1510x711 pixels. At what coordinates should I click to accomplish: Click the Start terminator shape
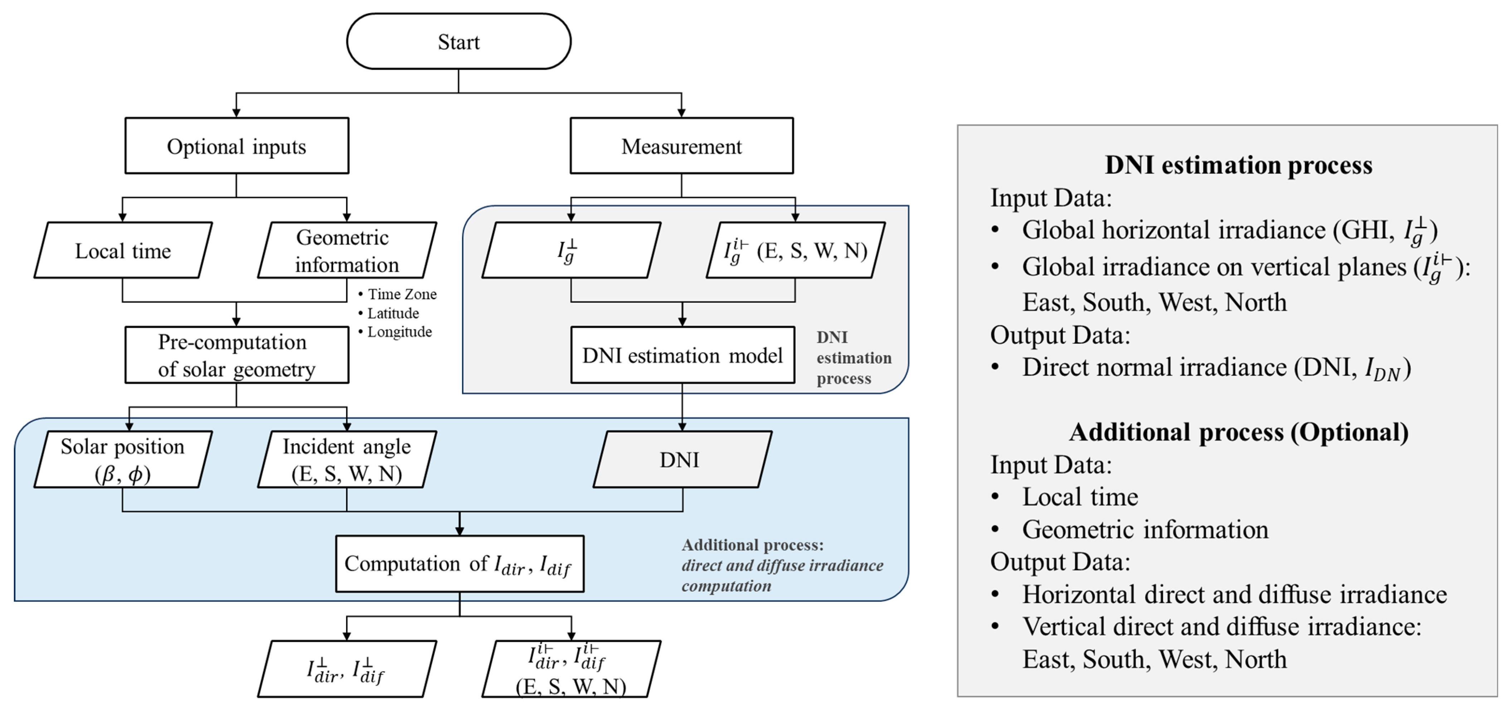pyautogui.click(x=458, y=42)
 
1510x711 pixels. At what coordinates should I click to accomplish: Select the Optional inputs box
pyautogui.click(x=237, y=146)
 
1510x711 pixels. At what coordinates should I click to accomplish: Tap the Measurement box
pyautogui.click(x=682, y=146)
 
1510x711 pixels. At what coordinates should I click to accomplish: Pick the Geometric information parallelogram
pyautogui.click(x=347, y=250)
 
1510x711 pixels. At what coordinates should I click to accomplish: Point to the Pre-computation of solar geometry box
pyautogui.click(x=237, y=355)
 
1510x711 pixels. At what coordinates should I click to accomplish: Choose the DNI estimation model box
pyautogui.click(x=682, y=355)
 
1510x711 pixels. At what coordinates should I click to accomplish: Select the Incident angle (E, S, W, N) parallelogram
pyautogui.click(x=347, y=460)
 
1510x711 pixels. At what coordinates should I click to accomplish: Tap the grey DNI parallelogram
pyautogui.click(x=682, y=460)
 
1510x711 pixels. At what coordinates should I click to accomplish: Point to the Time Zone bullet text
pyautogui.click(x=401, y=294)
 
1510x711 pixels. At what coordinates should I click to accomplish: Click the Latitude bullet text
pyautogui.click(x=392, y=313)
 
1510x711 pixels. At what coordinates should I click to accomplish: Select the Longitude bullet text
pyautogui.click(x=399, y=332)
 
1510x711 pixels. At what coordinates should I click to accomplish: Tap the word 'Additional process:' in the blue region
pyautogui.click(x=752, y=545)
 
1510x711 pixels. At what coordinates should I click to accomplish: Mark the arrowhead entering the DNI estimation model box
pyautogui.click(x=682, y=322)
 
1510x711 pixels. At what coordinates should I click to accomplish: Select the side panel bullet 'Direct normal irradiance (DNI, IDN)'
pyautogui.click(x=1216, y=368)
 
